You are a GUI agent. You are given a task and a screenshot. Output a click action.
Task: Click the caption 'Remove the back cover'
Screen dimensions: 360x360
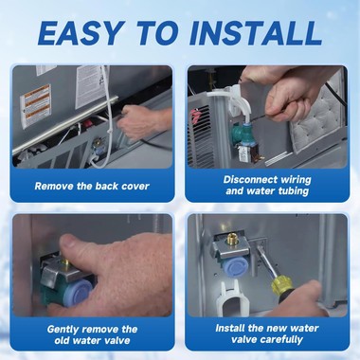[92, 186]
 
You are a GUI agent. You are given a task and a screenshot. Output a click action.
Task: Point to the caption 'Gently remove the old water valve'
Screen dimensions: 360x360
[92, 334]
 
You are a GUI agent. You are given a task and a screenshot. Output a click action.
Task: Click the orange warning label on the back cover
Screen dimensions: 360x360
[37, 98]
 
